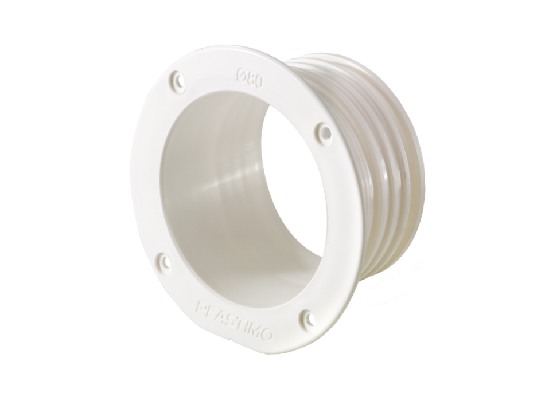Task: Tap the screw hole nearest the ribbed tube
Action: tap(323, 133)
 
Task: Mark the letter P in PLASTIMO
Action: tap(201, 307)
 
